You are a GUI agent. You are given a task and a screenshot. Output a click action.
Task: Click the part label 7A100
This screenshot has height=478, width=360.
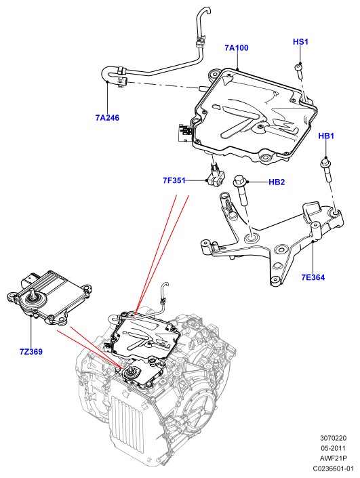click(237, 48)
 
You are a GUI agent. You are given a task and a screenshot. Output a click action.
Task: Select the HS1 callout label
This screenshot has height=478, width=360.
click(300, 42)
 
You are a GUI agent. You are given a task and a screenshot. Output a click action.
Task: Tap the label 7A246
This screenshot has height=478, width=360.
click(107, 118)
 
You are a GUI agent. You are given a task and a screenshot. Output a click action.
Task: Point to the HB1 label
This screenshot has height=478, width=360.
click(326, 136)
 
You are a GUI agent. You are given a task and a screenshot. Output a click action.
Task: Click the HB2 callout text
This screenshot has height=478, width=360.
click(277, 182)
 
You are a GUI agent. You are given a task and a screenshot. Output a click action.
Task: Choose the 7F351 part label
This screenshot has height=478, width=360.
click(174, 180)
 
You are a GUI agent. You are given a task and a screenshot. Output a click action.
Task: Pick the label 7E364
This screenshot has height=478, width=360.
click(313, 277)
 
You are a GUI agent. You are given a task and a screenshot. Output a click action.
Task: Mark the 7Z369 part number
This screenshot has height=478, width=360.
click(31, 352)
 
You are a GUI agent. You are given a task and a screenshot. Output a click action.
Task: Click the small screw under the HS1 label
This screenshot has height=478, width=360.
click(299, 68)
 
